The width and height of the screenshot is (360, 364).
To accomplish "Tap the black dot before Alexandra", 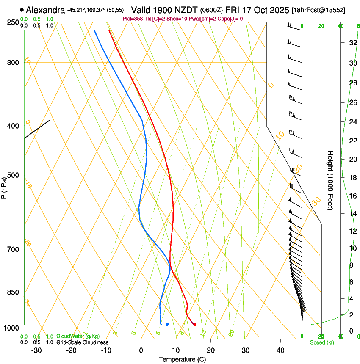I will click(22, 10).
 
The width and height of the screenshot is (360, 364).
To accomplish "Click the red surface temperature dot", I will click(194, 325).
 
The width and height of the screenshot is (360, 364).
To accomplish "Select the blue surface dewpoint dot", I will click(167, 325).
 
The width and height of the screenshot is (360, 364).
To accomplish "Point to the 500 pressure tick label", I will click(13, 175).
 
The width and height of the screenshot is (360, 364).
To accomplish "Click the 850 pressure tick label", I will click(13, 292).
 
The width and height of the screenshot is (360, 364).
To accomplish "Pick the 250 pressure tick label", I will click(13, 22).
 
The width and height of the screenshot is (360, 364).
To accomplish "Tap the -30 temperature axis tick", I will click(36, 350).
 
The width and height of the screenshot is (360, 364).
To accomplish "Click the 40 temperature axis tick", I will click(280, 350).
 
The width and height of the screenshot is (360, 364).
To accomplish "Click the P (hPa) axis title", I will click(4, 186).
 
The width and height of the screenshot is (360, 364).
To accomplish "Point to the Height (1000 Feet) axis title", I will click(330, 180).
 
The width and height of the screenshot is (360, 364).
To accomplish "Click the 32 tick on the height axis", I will click(352, 42).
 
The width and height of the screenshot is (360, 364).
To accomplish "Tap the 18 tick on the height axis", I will click(352, 178).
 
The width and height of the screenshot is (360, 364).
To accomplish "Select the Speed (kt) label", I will click(321, 342).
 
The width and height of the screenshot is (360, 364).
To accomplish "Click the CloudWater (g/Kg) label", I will click(78, 336).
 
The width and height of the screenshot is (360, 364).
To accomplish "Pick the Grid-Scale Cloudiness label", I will click(82, 342).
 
